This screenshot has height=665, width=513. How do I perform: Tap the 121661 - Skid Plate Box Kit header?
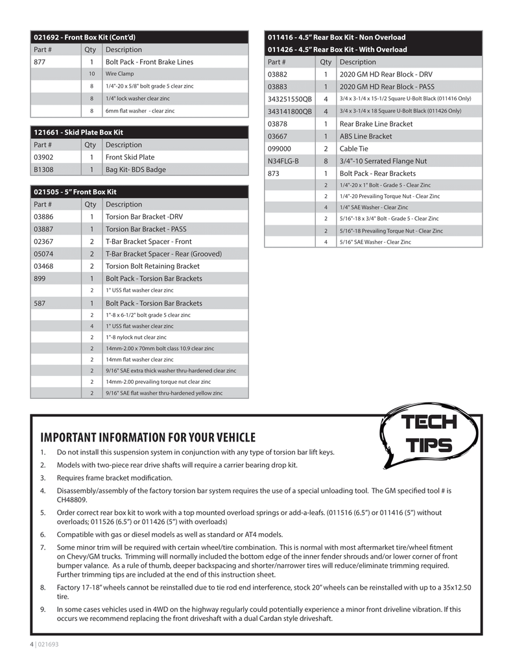[78, 132]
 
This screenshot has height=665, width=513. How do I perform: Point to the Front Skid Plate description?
[130, 157]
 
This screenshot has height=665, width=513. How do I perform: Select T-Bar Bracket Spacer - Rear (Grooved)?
[163, 254]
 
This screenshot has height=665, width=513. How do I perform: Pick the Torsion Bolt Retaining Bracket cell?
[152, 266]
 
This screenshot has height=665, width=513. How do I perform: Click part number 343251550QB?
[289, 99]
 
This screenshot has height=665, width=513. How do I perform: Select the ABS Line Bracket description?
[366, 136]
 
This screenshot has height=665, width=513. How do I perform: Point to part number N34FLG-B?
[283, 161]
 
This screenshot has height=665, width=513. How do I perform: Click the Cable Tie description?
[354, 149]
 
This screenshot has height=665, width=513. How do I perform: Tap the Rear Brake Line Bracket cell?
[376, 123]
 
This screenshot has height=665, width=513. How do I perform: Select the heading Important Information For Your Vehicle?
[148, 438]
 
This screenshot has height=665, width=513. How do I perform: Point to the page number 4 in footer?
[31, 644]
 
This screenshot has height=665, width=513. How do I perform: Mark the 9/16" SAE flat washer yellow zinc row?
[164, 393]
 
